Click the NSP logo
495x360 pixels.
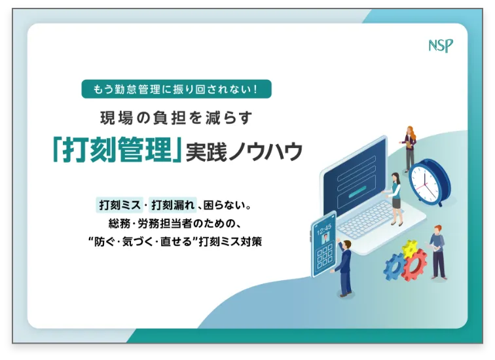tap(440, 46)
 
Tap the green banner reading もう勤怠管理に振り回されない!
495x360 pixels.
tap(176, 89)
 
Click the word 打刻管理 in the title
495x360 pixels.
tap(117, 151)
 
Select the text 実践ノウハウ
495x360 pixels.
tap(244, 152)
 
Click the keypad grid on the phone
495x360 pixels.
tap(325, 257)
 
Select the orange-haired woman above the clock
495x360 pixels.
tap(410, 147)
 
